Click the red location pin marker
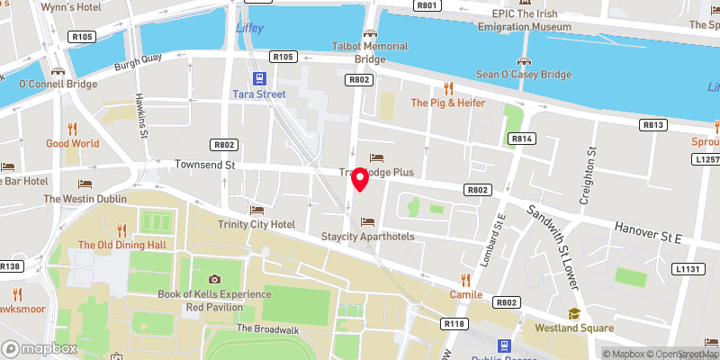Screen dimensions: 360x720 click(360, 179)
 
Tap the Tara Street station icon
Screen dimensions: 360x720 click(260, 79)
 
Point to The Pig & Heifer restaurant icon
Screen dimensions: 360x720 click(448, 87)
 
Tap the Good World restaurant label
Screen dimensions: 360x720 click(73, 143)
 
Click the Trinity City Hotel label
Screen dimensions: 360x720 click(256, 224)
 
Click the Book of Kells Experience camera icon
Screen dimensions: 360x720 click(214, 279)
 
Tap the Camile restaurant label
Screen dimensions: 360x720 click(466, 295)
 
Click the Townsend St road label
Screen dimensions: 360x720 click(204, 166)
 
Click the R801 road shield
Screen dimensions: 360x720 click(427, 5)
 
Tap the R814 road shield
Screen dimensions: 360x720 click(522, 139)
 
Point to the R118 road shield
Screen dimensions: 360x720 click(453, 323)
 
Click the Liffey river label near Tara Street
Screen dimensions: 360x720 click(248, 28)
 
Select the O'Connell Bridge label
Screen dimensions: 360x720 click(58, 85)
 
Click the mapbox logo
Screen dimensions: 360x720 click(39, 348)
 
